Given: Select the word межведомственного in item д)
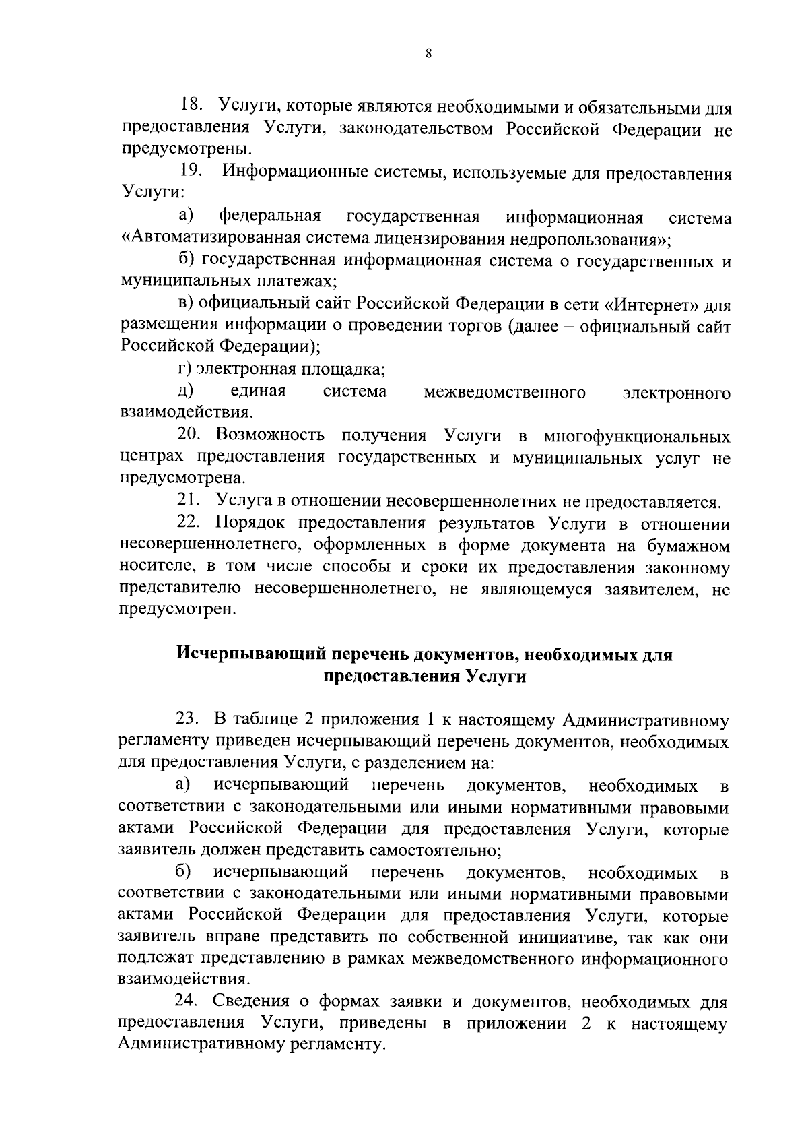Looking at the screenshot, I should coord(504,392).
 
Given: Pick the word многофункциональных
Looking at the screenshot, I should coord(636,436).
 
